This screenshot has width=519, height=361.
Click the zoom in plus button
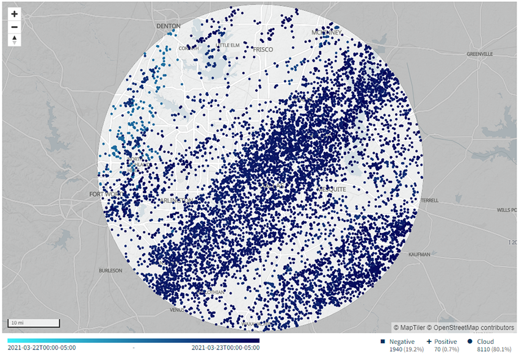[x=15, y=13]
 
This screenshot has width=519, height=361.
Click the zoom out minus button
[x=15, y=27]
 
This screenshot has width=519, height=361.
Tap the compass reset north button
[x=15, y=40]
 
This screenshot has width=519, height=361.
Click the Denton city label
[x=169, y=26]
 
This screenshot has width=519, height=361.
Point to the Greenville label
[x=479, y=54]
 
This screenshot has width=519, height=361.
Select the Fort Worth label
[x=103, y=194]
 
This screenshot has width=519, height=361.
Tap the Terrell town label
[x=429, y=200]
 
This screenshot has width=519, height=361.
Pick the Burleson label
[x=111, y=270]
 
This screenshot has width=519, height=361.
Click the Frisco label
[x=263, y=49]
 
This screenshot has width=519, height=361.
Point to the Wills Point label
[x=506, y=210]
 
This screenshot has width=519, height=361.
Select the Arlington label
[x=178, y=200]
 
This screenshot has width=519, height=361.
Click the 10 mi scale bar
[x=33, y=322]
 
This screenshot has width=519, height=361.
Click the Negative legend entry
[x=401, y=341]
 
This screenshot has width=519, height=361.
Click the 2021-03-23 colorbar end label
[x=225, y=348]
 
